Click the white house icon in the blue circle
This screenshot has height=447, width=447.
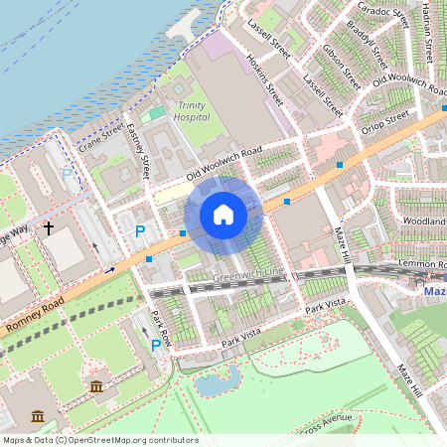[x=223, y=214]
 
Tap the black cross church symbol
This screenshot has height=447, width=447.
[x=48, y=228]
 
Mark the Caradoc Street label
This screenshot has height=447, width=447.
[x=384, y=14]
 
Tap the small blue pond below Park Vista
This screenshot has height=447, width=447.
[x=219, y=380]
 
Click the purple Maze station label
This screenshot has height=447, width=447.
[x=434, y=292]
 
